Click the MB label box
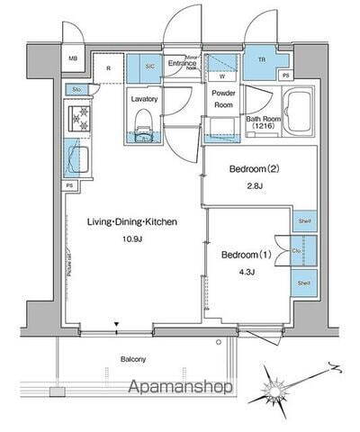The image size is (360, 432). (x=73, y=61)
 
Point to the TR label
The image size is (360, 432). (x=263, y=61)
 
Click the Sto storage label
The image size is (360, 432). (x=77, y=89)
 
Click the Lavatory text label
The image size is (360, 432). (x=144, y=99)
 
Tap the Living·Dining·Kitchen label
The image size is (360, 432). (x=132, y=221)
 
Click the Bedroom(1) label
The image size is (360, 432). (x=247, y=254)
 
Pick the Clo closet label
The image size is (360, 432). (x=298, y=251)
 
